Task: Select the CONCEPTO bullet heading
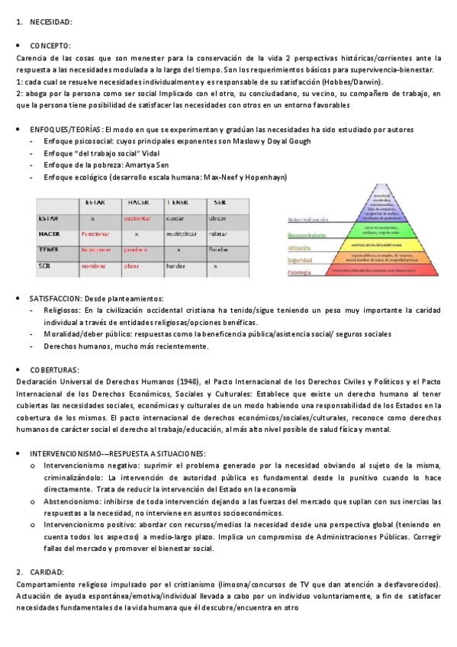pos(50,46)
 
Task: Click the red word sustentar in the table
pos(137,218)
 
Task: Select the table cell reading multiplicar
pos(181,233)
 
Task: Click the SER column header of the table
pos(220,203)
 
